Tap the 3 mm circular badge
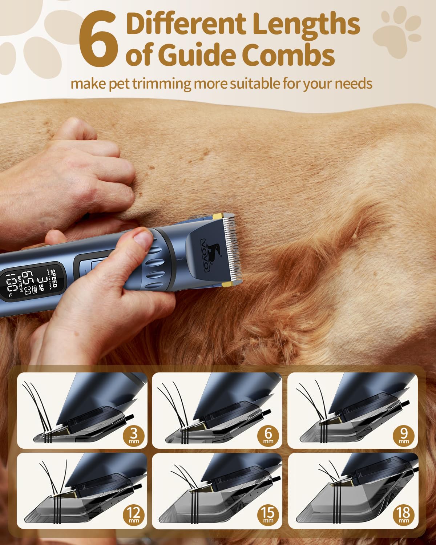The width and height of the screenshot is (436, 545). point(133,436)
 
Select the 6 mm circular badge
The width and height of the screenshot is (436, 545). point(268,436)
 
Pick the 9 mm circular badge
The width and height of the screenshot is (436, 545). point(404,436)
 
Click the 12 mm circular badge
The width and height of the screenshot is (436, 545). point(133,516)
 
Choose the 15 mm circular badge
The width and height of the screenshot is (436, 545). point(268,516)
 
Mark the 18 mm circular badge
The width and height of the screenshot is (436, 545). point(404,516)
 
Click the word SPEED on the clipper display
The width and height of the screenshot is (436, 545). point(53,278)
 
